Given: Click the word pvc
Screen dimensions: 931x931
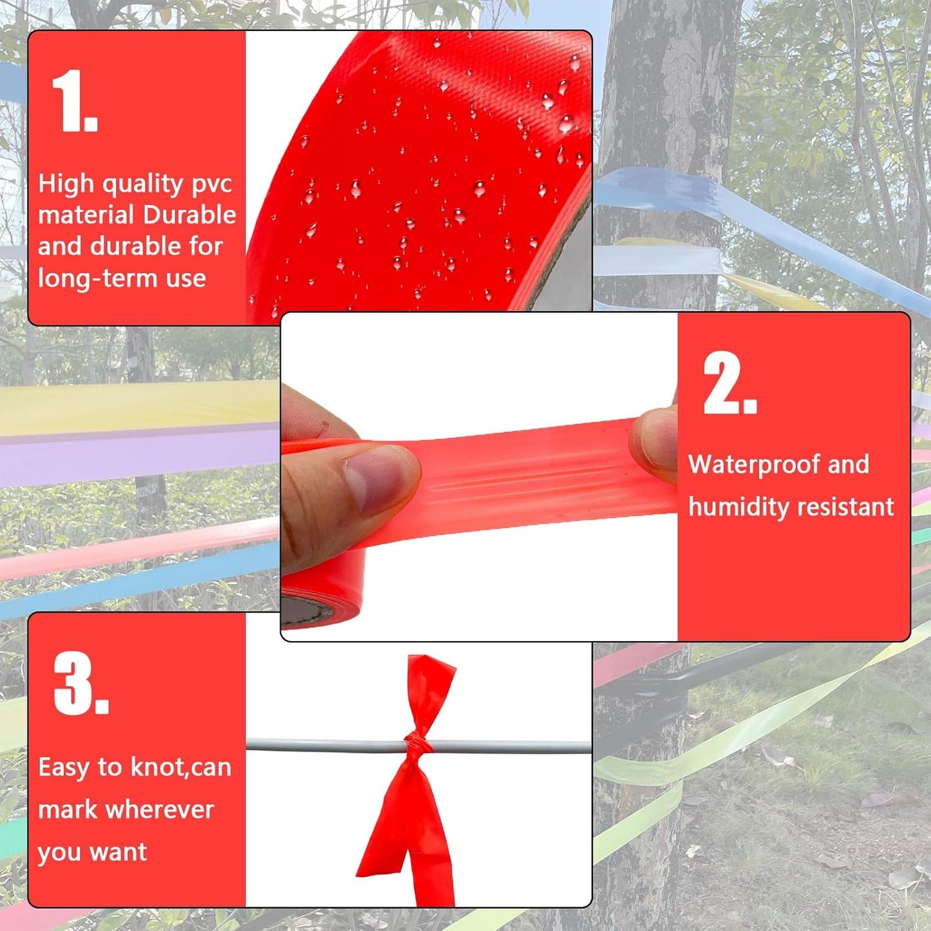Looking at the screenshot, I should (212, 185).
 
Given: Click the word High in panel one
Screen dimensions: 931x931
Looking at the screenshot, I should (66, 184).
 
